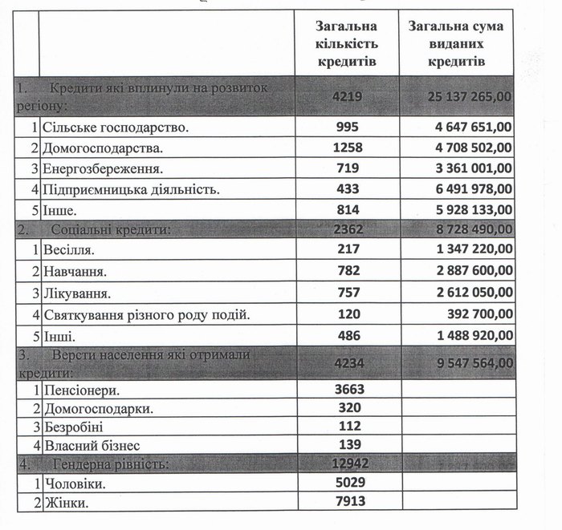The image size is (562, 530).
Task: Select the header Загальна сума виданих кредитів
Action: point(455,43)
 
